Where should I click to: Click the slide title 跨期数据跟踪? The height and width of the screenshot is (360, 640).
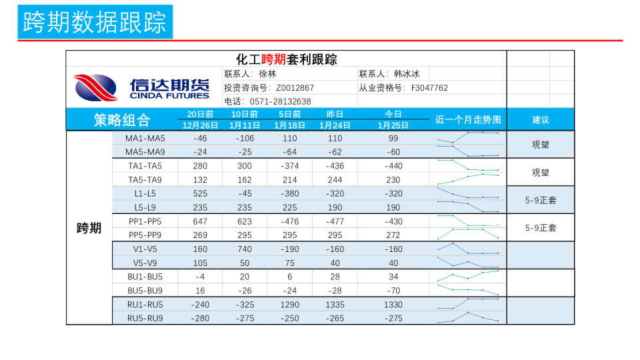[x=95, y=22]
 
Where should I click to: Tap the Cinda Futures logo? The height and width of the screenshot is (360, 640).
[x=141, y=87]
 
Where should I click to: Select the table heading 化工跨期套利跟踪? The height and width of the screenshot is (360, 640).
[x=286, y=59]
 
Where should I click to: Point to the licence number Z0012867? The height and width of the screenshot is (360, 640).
[x=295, y=87]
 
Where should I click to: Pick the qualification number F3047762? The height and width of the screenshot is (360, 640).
[x=429, y=87]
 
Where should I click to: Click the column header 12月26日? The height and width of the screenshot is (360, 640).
[x=200, y=125]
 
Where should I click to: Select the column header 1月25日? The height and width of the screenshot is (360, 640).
[x=393, y=125]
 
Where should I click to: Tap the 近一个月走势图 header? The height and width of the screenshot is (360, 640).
[x=467, y=120]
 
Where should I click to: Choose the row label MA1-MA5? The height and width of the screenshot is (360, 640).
[x=145, y=138]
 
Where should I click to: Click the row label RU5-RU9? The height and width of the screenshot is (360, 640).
[x=145, y=318]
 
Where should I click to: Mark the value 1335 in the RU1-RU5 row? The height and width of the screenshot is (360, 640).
[x=335, y=305]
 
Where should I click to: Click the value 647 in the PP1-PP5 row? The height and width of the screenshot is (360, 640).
[x=200, y=221]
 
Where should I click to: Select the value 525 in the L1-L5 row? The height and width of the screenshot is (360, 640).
[x=200, y=193]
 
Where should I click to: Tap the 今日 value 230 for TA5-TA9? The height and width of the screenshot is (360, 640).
[x=393, y=179]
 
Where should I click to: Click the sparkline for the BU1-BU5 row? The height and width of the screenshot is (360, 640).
[x=468, y=276]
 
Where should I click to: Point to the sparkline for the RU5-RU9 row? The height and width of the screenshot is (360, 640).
[x=468, y=317]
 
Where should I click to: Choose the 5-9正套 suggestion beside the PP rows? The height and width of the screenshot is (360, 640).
[x=541, y=228]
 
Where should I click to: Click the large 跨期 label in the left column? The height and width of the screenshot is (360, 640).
[x=89, y=228]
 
